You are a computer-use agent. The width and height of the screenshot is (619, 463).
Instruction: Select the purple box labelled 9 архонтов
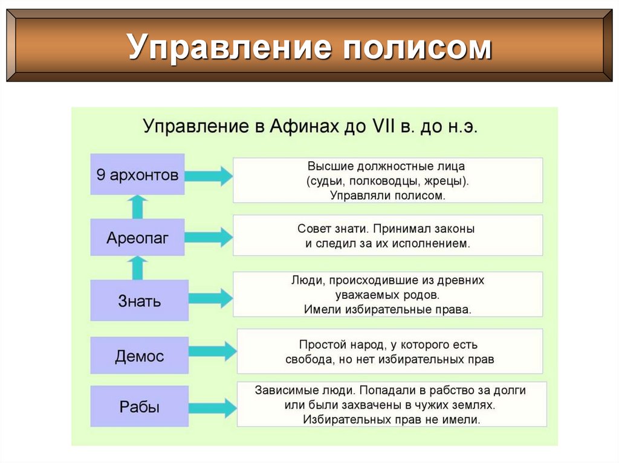[x=137, y=175]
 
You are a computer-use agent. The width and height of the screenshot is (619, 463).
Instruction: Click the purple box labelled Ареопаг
[x=137, y=237]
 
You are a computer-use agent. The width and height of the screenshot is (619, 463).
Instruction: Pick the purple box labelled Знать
[x=139, y=300]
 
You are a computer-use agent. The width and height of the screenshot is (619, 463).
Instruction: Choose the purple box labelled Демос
[x=139, y=356]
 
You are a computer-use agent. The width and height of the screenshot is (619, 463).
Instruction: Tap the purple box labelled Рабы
[x=139, y=406]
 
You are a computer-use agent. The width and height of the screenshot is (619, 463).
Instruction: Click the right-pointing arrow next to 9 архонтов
[x=209, y=176]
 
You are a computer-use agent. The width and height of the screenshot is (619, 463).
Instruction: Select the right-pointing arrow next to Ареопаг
[x=209, y=237]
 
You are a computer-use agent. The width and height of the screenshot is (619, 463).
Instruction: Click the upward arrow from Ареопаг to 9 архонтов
[x=138, y=206]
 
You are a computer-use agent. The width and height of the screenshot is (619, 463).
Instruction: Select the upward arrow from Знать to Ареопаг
[x=138, y=267]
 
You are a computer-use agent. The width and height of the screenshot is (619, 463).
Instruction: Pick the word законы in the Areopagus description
[x=455, y=229]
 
